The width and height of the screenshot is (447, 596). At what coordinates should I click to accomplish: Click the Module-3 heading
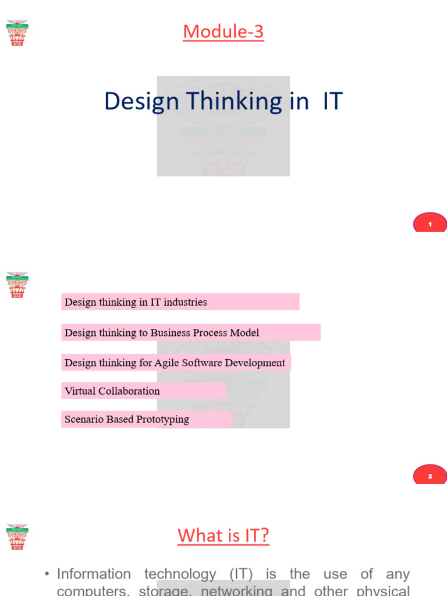tap(223, 32)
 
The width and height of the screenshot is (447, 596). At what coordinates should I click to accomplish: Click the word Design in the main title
tap(141, 101)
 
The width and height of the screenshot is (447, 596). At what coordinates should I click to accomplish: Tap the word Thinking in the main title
tap(234, 101)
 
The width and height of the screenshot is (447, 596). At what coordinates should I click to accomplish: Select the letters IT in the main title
tap(332, 101)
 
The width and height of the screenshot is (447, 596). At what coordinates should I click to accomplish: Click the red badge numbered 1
tap(430, 223)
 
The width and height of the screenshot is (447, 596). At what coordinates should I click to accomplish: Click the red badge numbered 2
tap(430, 476)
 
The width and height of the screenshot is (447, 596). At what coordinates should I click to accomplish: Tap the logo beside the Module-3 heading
tap(17, 33)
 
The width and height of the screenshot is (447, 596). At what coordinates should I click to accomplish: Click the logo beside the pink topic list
tap(17, 284)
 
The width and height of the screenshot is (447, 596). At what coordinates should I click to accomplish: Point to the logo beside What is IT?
tap(17, 536)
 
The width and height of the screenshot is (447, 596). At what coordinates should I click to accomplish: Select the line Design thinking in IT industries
tap(136, 302)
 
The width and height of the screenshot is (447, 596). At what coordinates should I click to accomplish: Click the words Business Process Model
tap(205, 333)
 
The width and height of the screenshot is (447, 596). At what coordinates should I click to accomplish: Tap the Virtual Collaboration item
tap(112, 391)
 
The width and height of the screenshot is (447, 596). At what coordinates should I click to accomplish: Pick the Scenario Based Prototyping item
tap(127, 420)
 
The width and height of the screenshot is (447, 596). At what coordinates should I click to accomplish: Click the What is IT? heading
tap(223, 535)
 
